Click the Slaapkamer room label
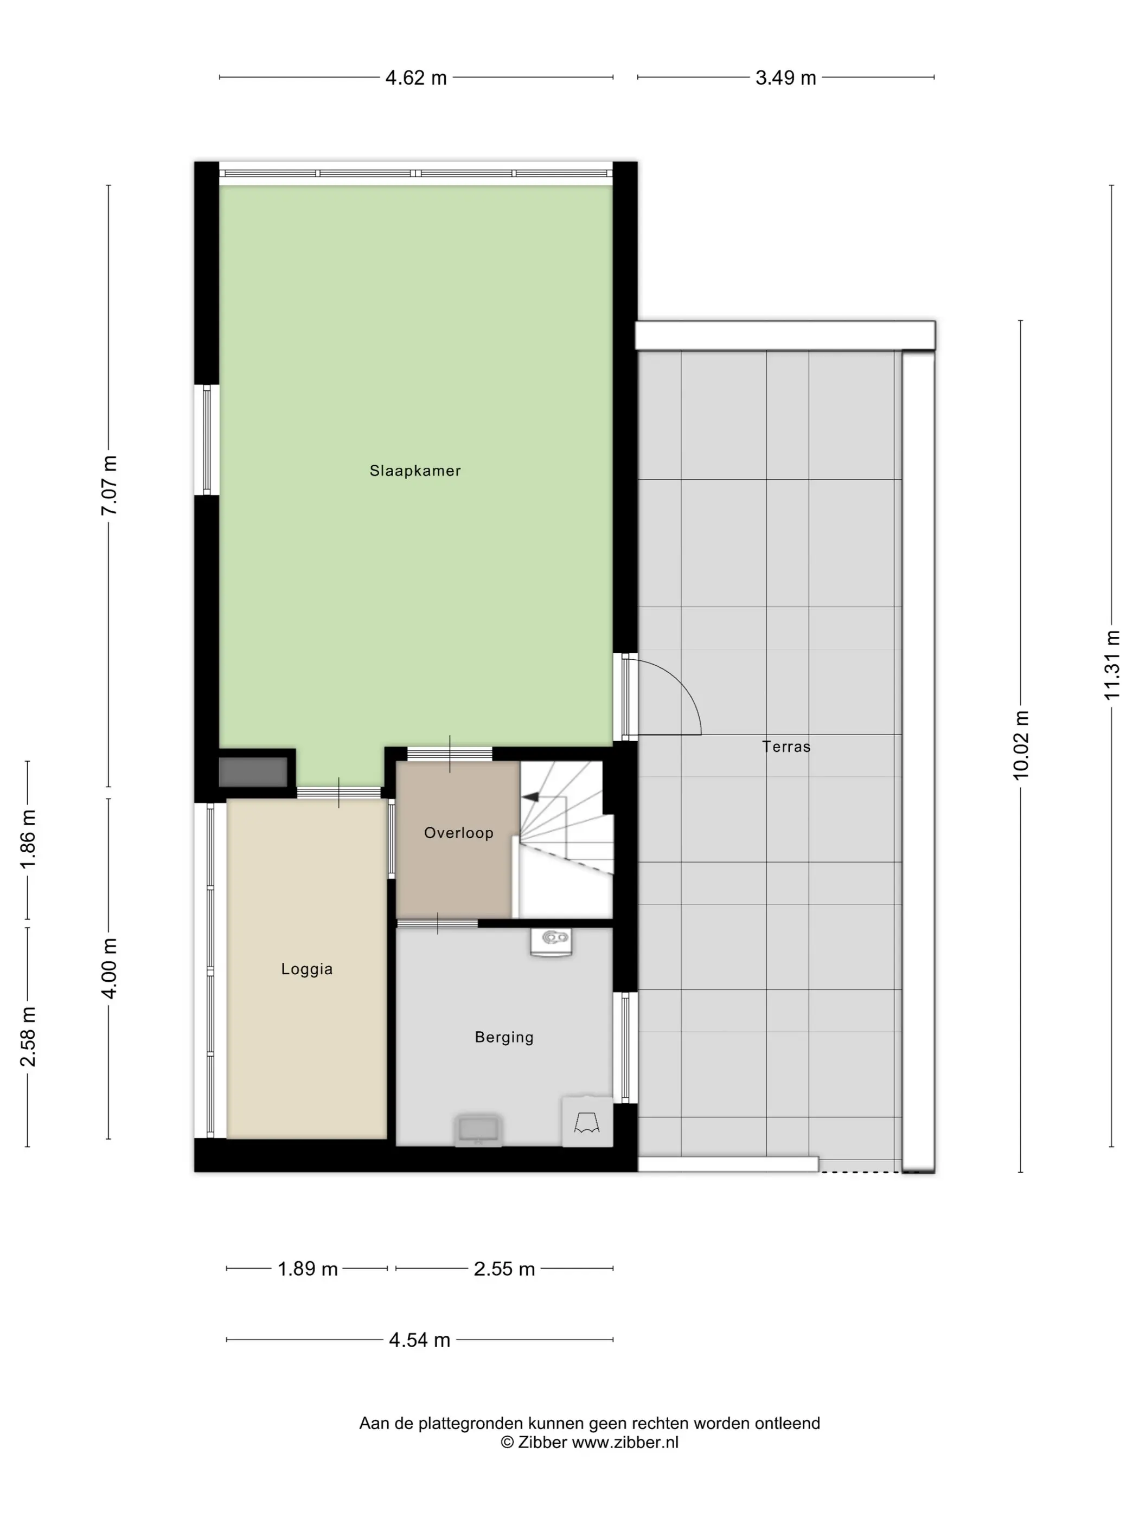tap(415, 471)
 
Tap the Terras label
tap(786, 747)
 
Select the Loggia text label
tap(307, 969)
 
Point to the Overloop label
tap(459, 833)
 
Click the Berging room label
tap(504, 1037)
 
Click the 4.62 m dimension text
tap(416, 78)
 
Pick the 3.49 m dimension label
tap(785, 78)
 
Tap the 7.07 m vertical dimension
tap(109, 485)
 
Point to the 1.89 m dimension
tap(308, 1269)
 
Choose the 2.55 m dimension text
tap(504, 1269)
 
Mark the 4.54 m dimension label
tap(419, 1340)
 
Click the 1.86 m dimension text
tap(28, 839)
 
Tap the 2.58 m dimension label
tap(28, 1037)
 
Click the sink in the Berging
tap(551, 942)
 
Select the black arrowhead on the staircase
tap(530, 797)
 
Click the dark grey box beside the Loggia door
tap(253, 772)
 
